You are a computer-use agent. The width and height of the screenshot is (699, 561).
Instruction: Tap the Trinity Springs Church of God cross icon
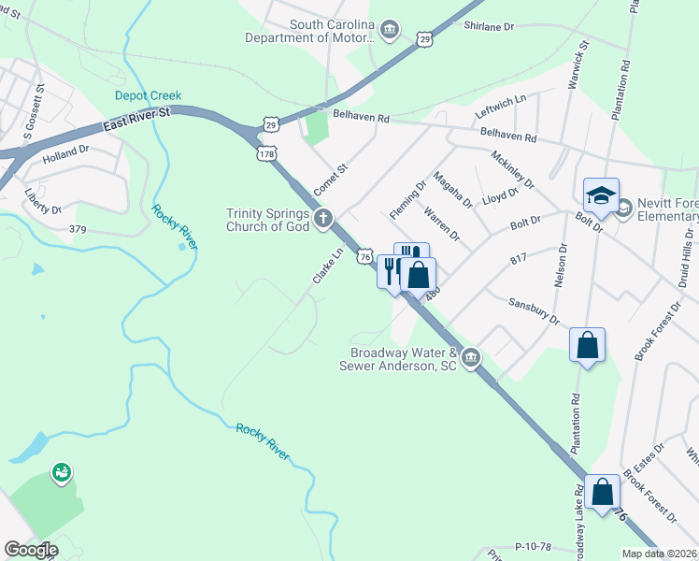(323, 220)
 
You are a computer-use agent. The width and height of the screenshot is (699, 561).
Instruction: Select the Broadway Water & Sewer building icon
(472, 357)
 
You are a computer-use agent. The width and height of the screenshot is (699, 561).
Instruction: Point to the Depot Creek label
(148, 95)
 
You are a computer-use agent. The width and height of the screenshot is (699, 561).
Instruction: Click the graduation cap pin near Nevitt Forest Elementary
(601, 195)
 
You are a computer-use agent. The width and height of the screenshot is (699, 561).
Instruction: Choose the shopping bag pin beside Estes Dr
(602, 491)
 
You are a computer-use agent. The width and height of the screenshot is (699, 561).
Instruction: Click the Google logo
(31, 550)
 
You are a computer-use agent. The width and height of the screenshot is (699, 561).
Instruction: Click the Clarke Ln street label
(327, 266)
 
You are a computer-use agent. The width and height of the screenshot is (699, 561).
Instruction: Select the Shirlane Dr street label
(489, 27)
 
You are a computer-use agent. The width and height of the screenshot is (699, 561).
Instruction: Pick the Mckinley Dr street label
(511, 170)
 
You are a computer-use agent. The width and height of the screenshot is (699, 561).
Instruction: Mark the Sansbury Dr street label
(533, 312)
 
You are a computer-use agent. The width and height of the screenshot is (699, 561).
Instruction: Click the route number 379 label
(78, 228)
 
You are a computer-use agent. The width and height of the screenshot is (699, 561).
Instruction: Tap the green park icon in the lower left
(62, 474)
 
